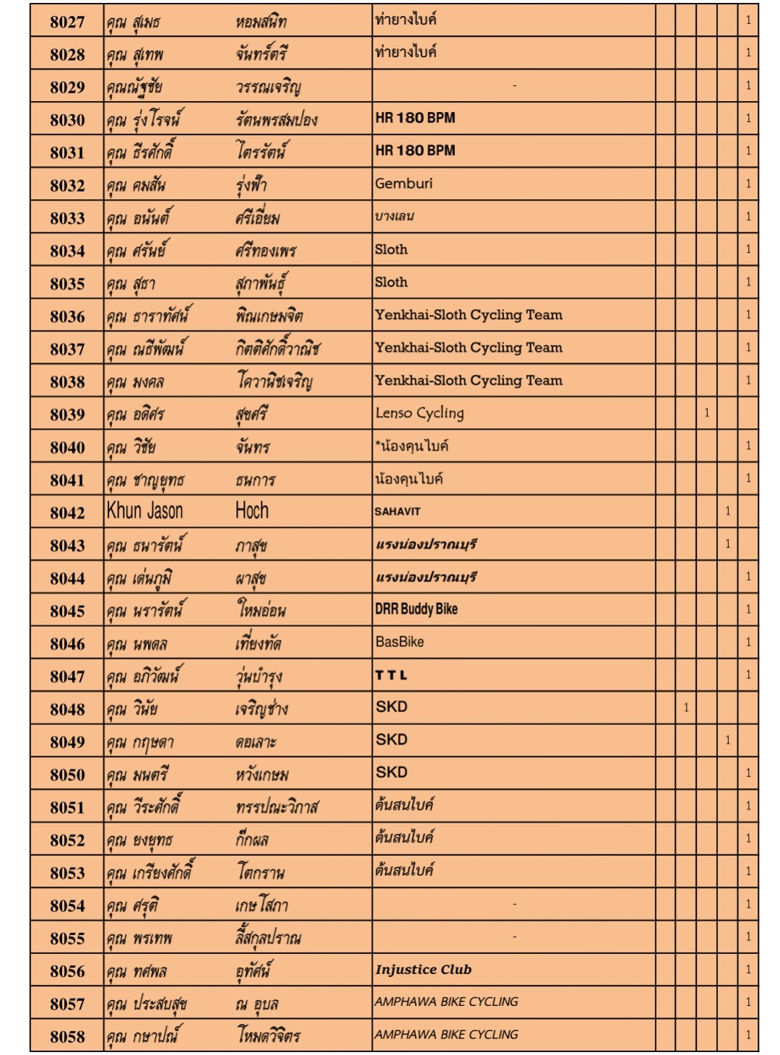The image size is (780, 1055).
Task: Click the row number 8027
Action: point(67,22)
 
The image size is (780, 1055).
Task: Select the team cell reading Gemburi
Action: point(404,183)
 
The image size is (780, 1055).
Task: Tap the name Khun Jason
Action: point(145,511)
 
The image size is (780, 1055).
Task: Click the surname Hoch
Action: point(252,511)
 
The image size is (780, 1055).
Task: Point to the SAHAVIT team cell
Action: point(397,511)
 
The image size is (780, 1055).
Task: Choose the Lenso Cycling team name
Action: point(420,413)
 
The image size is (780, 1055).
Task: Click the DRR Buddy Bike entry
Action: point(416,609)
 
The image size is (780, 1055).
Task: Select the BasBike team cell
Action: point(399,641)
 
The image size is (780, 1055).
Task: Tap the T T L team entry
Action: point(391,675)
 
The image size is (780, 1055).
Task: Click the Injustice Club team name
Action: point(423,970)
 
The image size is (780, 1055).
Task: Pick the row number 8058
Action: point(67,1036)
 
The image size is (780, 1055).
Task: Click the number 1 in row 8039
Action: point(706,413)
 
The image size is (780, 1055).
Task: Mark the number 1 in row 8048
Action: point(686,708)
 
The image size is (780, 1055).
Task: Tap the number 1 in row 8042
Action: point(727,511)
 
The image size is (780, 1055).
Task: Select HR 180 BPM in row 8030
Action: point(415,118)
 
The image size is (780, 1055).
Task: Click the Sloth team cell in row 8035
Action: point(391,282)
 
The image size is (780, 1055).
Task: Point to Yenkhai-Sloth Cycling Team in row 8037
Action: point(468,347)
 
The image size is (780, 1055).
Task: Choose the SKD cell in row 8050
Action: point(391,772)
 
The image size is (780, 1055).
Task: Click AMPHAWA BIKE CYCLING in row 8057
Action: point(446,1002)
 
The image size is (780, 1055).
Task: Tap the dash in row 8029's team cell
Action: point(514,86)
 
